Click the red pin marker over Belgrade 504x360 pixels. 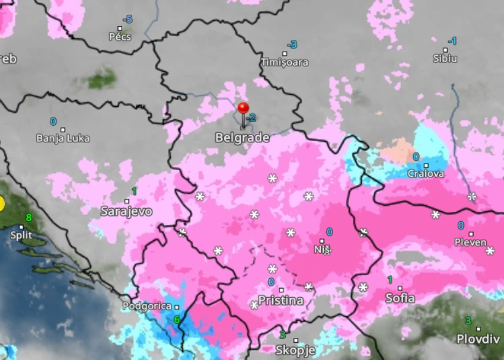point(243,109)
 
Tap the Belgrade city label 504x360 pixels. point(242,138)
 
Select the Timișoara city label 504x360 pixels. point(285,62)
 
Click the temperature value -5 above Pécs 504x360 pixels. point(127,20)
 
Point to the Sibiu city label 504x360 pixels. point(445,58)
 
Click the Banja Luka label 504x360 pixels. point(63,138)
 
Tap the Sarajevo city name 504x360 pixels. point(126,211)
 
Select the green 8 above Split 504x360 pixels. point(28,218)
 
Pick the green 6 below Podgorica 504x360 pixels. point(176,319)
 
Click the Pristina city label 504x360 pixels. point(280,301)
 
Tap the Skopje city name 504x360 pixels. point(295,350)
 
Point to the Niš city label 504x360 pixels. point(322,250)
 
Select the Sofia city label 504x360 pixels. point(400,298)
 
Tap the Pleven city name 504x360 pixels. point(470,242)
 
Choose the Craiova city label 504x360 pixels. point(426,174)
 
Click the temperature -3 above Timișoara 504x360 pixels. point(291,45)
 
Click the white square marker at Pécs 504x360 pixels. point(120,28)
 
